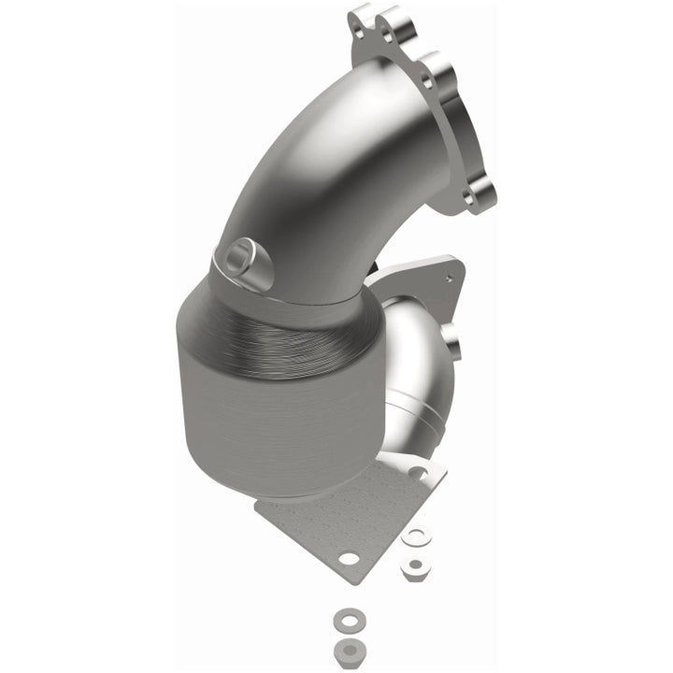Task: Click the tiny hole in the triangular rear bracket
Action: pyautogui.click(x=452, y=278)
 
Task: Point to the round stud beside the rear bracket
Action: pyautogui.click(x=452, y=342)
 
